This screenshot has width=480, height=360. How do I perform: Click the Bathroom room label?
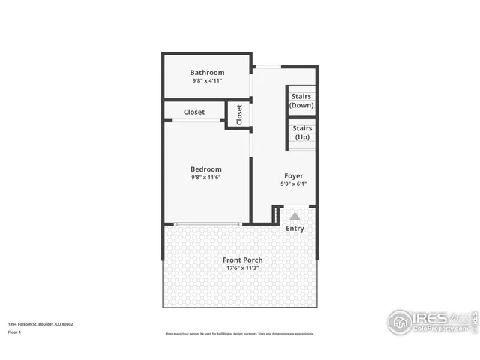[x=207, y=73]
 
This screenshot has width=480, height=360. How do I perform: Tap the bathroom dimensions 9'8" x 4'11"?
[x=207, y=80]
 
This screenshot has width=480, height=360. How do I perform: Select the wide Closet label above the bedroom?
[x=194, y=112]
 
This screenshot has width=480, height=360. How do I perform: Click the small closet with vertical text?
[x=239, y=115]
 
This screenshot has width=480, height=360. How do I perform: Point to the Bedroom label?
[x=206, y=169]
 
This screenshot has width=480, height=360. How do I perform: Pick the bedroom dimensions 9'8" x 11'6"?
[x=206, y=178]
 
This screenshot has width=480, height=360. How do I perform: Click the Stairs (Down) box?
[x=302, y=100]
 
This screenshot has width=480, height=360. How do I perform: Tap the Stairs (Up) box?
[x=302, y=133]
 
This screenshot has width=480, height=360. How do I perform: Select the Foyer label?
[x=294, y=176]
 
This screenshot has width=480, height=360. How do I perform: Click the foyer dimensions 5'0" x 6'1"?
[x=294, y=184]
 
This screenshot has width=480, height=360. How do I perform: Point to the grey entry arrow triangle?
[x=295, y=216]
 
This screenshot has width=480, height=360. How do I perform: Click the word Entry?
[x=295, y=228]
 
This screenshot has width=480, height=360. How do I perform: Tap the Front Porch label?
[x=243, y=260]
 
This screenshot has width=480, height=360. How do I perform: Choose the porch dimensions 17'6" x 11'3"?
[x=243, y=268]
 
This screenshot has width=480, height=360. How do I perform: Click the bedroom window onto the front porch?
[x=207, y=223]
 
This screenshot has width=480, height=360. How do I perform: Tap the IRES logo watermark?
[x=431, y=321]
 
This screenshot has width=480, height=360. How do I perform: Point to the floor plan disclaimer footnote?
[x=240, y=334]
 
